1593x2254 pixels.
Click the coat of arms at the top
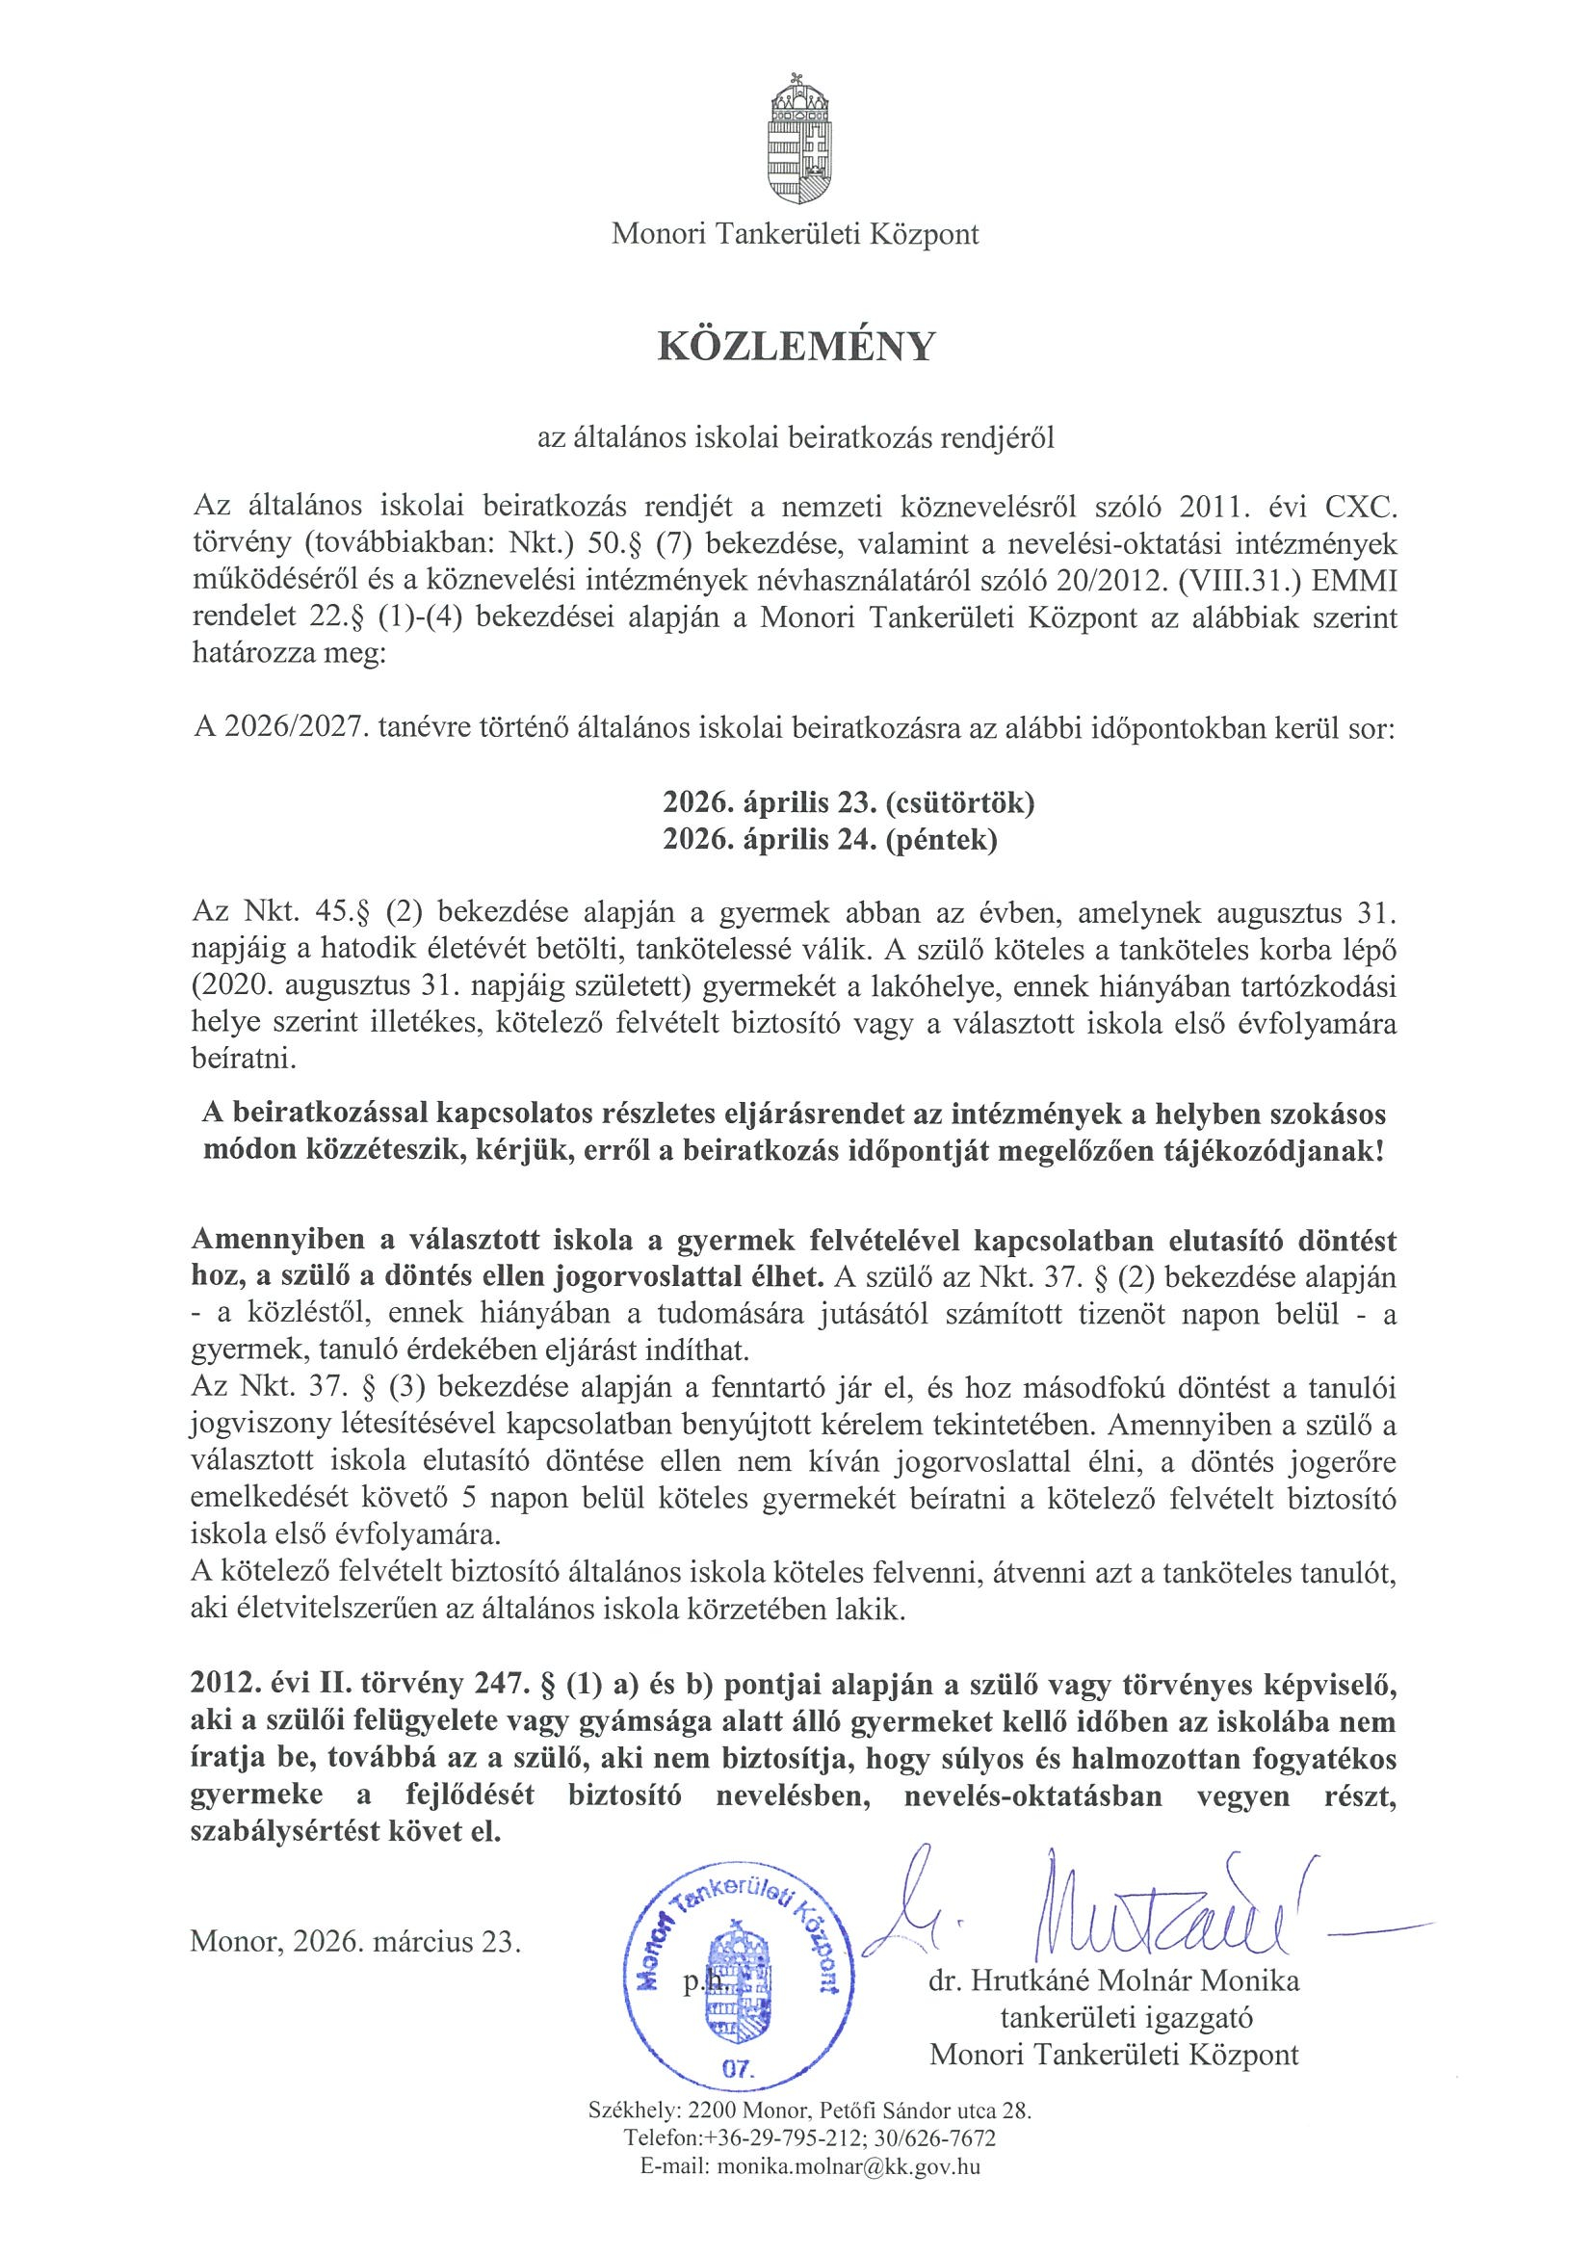coord(795,137)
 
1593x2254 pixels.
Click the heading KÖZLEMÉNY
coord(795,347)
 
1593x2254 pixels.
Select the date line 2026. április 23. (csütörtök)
coord(849,803)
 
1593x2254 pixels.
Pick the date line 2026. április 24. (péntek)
coord(829,840)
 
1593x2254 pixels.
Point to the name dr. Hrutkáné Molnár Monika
coord(1114,1980)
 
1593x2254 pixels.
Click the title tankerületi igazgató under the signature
coord(1126,2018)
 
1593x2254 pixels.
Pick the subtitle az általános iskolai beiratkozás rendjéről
coord(795,439)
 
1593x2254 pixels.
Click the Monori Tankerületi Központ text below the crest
coord(795,235)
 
